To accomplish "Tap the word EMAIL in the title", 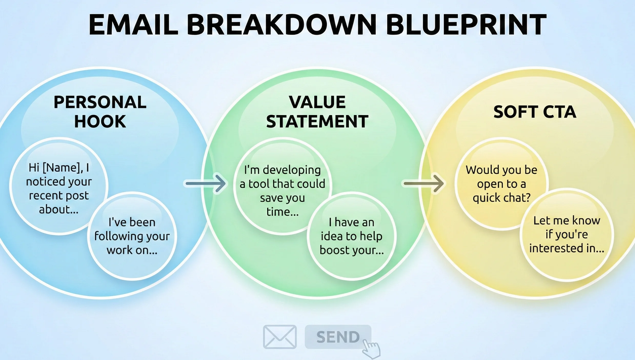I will tap(133, 25).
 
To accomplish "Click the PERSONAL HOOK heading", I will tap(100, 112).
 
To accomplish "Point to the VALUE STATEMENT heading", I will tap(317, 112).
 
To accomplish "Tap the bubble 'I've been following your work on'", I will tap(132, 236).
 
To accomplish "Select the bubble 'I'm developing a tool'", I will tap(282, 191).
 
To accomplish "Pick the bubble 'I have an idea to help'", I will tap(351, 236).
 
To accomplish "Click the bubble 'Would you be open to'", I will tap(501, 184).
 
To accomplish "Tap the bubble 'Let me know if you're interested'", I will tap(567, 234).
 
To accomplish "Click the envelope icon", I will tap(280, 337).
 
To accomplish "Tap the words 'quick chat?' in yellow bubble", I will tap(501, 198).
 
